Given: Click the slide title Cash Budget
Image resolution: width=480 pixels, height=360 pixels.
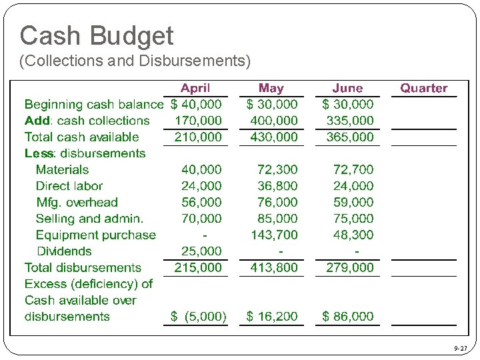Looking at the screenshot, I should pos(97,35).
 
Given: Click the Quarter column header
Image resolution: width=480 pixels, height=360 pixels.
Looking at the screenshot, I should pos(423,88).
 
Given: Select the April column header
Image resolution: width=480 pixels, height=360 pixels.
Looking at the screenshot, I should pos(195,88).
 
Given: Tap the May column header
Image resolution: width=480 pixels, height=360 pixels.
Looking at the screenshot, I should pos(271,88).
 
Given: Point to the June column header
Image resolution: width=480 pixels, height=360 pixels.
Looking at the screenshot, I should pos(347,88).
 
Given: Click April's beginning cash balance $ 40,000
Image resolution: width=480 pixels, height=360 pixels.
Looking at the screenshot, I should pos(197,104).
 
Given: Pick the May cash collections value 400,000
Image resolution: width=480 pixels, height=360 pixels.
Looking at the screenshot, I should pos(274,121).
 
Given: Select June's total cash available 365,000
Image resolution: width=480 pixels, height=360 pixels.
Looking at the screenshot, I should pos(350,137).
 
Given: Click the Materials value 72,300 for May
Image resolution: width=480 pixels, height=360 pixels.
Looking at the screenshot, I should pos(277,169).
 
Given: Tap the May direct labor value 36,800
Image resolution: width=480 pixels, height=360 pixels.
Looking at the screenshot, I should pos(277,186).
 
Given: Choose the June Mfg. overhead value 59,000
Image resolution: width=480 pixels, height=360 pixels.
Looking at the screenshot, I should pos(353,202).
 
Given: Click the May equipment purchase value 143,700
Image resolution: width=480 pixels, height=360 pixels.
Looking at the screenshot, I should pos(274,235).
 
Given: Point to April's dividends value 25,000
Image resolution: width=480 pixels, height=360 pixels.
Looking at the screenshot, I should pos(201,251).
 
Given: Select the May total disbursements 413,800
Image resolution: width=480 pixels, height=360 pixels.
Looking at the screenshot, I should pos(274,267).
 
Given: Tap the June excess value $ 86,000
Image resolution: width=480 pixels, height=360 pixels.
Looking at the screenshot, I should pos(348,317).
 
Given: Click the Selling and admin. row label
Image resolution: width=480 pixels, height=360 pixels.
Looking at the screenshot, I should pos(89,219).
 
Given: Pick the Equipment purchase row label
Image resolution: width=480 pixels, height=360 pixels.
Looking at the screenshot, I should pos(95,235).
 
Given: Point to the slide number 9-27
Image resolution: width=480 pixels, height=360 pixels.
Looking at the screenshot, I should pos(460,348).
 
